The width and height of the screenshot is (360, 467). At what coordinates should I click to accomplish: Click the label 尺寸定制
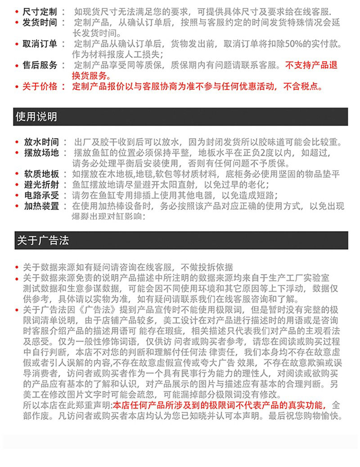[x=40, y=11]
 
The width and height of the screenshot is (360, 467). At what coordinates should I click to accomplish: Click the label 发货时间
[x=40, y=22]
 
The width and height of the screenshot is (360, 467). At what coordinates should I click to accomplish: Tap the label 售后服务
[x=40, y=65]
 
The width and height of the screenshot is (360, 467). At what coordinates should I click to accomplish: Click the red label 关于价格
[x=40, y=86]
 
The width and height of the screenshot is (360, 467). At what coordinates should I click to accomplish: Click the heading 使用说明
[x=36, y=117]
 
